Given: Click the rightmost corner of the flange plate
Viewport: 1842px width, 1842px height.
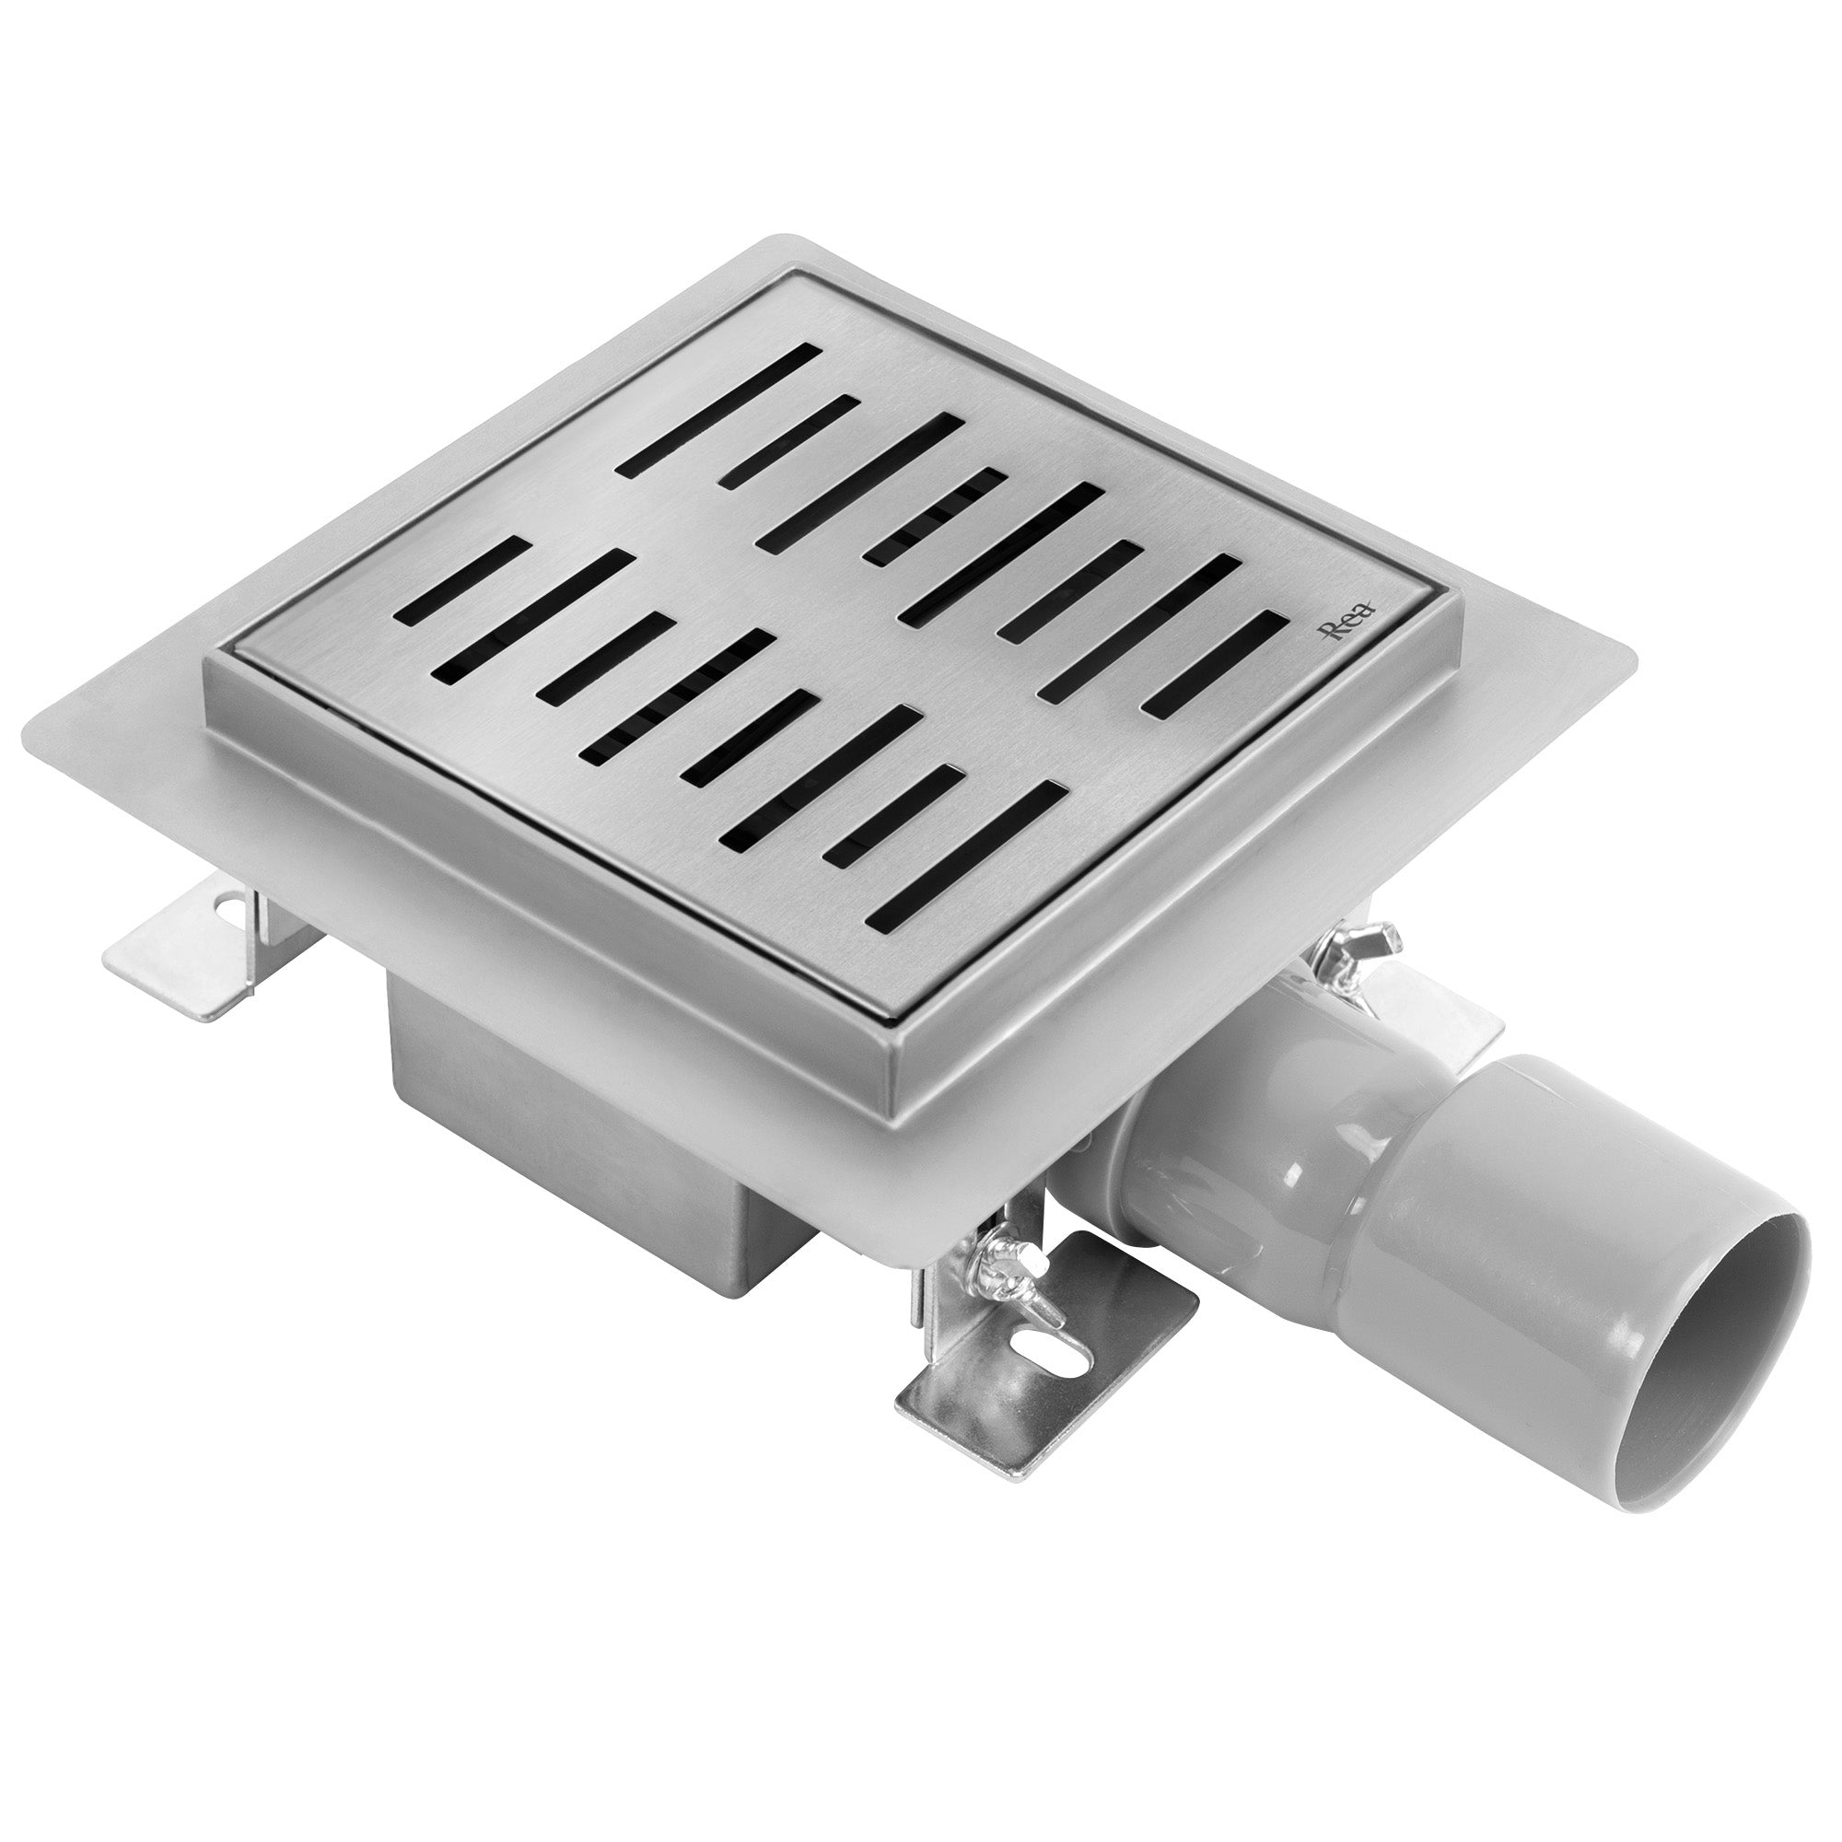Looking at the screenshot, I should point(1632,658).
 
